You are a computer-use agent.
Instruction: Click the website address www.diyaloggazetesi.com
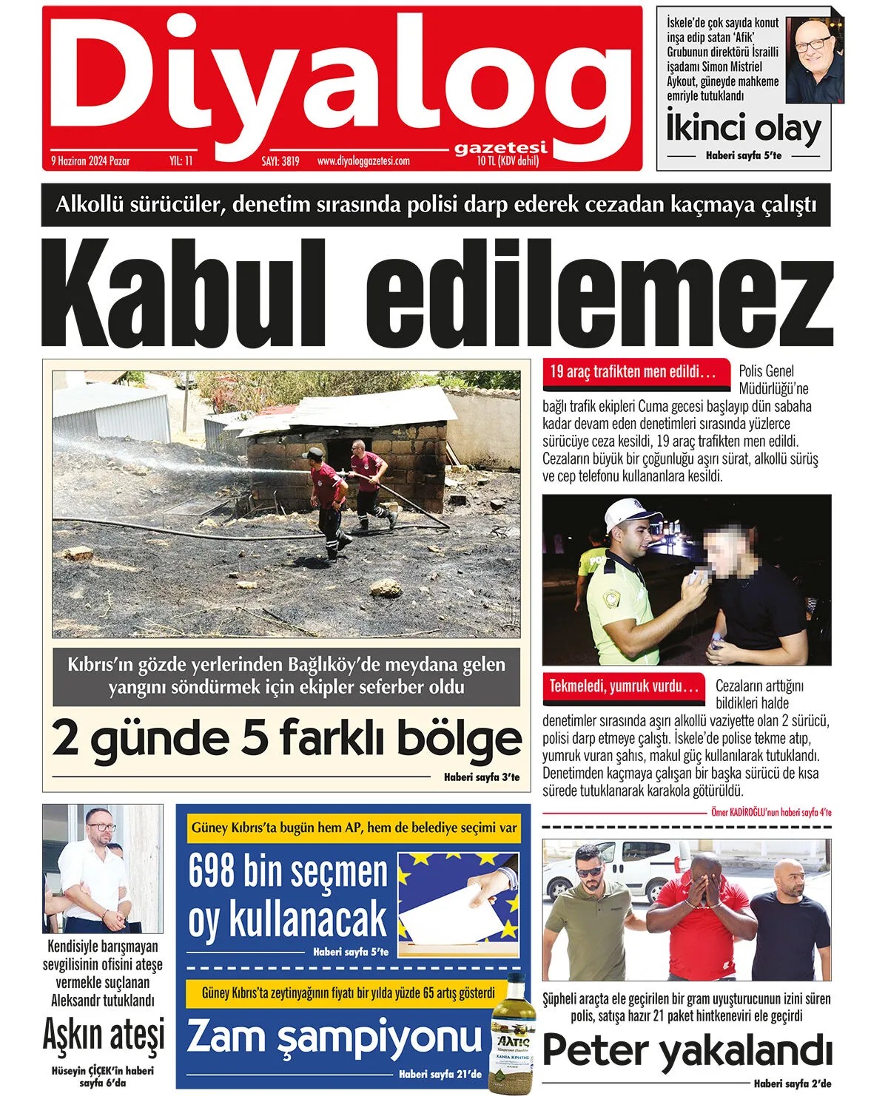click(x=363, y=160)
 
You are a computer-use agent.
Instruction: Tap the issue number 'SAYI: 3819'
click(x=280, y=160)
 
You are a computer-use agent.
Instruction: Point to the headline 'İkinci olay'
click(x=744, y=129)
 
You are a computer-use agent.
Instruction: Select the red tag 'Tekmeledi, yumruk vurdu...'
click(x=623, y=686)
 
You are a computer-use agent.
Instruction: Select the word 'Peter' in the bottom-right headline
click(x=595, y=1051)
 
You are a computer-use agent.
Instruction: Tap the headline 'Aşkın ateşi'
click(x=103, y=1035)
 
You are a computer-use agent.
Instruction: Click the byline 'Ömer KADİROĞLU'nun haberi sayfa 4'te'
click(x=770, y=812)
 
